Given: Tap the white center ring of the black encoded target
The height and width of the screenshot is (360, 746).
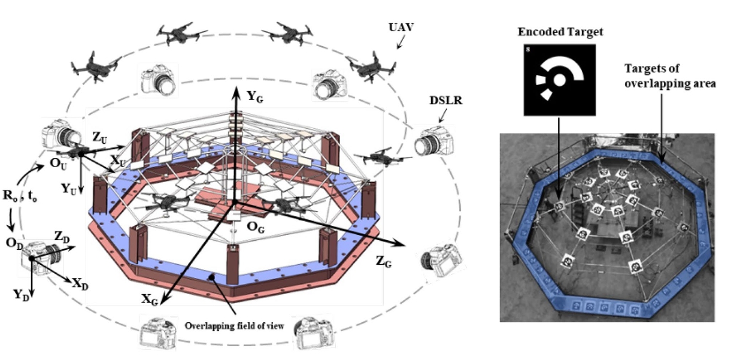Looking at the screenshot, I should [x=560, y=78].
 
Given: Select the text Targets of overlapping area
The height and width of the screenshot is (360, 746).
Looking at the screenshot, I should [x=669, y=76].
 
